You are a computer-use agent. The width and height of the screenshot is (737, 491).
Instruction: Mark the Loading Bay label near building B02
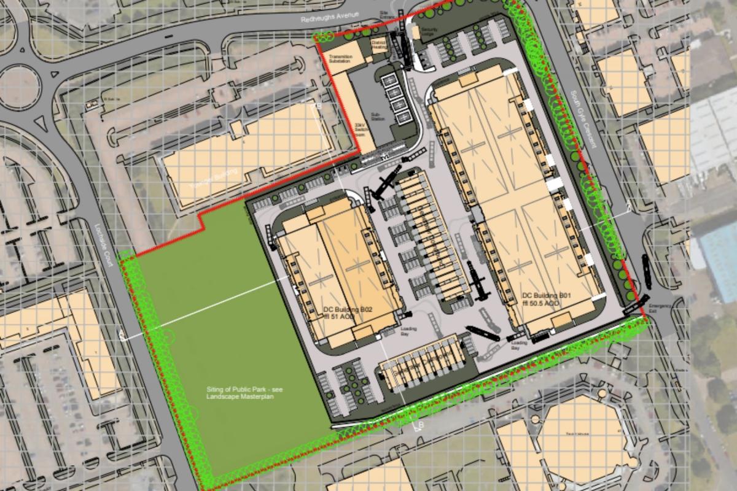click(408, 331)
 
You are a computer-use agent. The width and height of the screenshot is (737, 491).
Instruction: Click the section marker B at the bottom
click(421, 426)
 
